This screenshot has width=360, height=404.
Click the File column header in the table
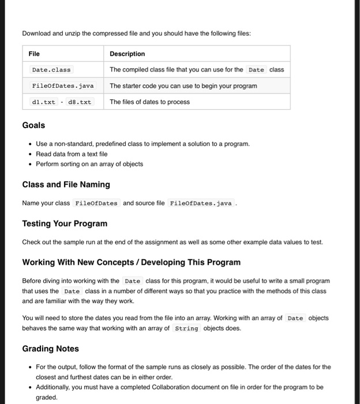34,54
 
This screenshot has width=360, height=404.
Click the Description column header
127,54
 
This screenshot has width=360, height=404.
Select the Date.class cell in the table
51,70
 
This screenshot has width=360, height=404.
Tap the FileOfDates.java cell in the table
62,86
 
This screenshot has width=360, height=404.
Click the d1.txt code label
44,102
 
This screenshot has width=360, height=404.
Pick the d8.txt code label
80,102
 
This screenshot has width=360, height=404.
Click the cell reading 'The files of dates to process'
149,102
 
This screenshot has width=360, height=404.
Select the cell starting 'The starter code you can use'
183,86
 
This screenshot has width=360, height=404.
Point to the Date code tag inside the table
256,70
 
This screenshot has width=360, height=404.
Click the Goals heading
33,125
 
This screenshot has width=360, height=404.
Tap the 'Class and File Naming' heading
66,185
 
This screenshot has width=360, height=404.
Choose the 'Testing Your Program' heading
65,223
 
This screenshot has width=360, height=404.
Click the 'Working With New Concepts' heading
131,262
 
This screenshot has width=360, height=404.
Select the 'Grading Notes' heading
50,349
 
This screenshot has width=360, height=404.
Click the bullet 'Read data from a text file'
72,154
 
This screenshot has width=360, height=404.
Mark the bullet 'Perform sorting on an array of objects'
89,164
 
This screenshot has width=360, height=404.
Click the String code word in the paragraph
186,328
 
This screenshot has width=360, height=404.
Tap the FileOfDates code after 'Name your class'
96,203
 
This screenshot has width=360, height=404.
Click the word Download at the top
36,33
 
